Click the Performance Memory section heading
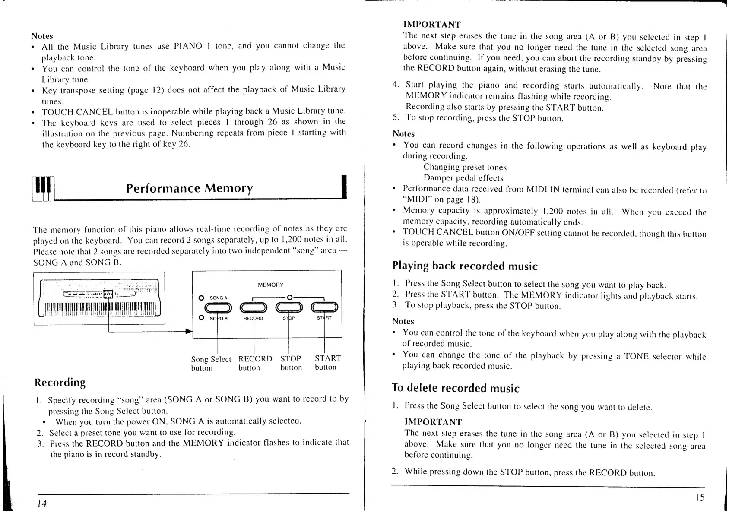coord(189,188)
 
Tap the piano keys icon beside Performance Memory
coord(44,189)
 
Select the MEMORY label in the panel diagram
coord(270,285)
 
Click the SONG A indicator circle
coord(201,298)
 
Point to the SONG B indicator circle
coord(201,318)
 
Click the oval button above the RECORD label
coord(254,307)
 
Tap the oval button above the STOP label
coord(289,307)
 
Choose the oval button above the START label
coord(324,307)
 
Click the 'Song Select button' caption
coord(211,363)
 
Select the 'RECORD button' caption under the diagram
coord(255,363)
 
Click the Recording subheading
coord(60,383)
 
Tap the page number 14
coord(41,503)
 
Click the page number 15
coord(700,497)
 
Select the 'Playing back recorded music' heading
coord(465,266)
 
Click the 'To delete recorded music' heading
coord(455,388)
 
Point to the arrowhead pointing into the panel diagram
coord(188,332)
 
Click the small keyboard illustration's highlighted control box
coord(108,294)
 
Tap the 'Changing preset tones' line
coord(465,167)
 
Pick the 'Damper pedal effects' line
coord(463,178)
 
